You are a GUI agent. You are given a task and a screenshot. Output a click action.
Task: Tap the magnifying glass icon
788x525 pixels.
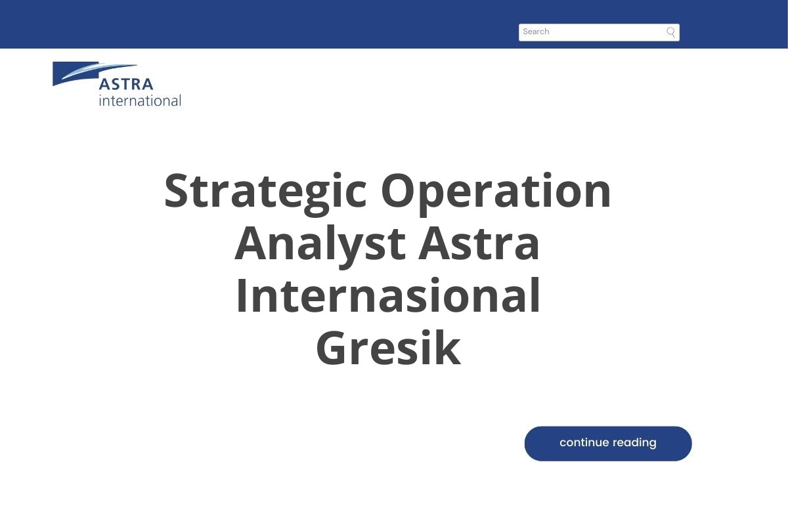(x=670, y=32)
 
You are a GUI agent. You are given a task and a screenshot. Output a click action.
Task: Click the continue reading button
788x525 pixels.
(x=607, y=444)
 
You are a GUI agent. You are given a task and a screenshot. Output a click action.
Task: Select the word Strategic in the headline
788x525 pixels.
(x=265, y=192)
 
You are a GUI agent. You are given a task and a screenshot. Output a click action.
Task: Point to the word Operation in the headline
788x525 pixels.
(x=496, y=192)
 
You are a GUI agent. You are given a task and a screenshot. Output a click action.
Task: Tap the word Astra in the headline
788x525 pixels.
(x=479, y=244)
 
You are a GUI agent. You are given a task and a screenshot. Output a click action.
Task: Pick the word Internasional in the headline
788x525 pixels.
(x=387, y=297)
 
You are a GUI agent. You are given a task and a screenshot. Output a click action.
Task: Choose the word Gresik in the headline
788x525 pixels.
(x=387, y=349)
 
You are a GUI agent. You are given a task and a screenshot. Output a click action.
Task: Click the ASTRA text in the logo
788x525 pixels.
(x=126, y=85)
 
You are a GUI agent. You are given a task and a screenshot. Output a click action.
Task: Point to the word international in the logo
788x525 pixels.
(x=140, y=100)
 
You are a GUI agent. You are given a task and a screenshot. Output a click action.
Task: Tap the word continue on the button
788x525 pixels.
(x=584, y=443)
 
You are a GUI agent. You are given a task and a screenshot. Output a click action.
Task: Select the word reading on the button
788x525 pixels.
(x=635, y=444)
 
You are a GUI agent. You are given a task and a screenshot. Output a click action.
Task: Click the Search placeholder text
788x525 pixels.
(x=536, y=31)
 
